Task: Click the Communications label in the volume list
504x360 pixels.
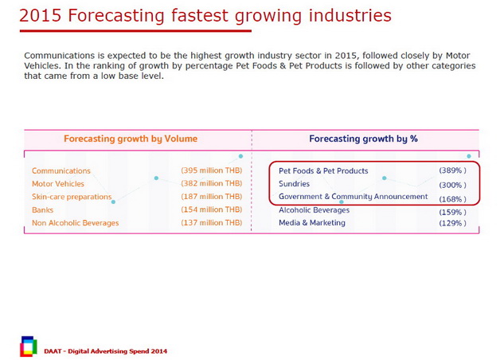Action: tap(61, 171)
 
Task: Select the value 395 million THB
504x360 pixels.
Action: tap(211, 171)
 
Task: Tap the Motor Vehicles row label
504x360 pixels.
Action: tap(58, 184)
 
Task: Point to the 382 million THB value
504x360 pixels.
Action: tap(211, 184)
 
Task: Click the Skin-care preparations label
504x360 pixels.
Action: tap(70, 197)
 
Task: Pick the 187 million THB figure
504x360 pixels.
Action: tap(211, 197)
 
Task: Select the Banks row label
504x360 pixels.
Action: tap(44, 209)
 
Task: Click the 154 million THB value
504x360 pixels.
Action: tap(211, 209)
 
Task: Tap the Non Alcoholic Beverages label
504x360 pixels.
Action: tap(76, 223)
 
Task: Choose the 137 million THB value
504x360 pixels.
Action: tap(211, 223)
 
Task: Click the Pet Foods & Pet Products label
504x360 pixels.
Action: tap(323, 171)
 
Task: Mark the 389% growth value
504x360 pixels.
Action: tap(452, 170)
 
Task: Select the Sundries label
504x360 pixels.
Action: tap(294, 184)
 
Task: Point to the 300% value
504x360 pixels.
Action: tap(452, 184)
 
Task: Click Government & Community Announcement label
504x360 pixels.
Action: tap(353, 197)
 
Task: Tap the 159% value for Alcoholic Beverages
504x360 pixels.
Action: tap(452, 212)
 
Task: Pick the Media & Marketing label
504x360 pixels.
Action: tap(312, 223)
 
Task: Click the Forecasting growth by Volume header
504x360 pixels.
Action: tap(131, 139)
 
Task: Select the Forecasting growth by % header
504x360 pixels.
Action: tap(363, 139)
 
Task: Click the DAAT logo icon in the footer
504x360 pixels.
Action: tap(29, 345)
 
